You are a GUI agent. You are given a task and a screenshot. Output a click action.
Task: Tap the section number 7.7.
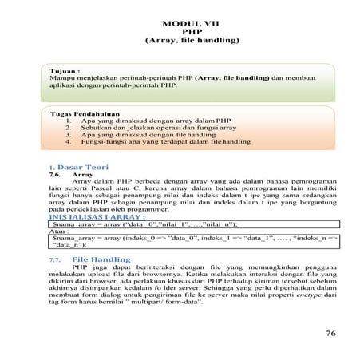click(x=55, y=260)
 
